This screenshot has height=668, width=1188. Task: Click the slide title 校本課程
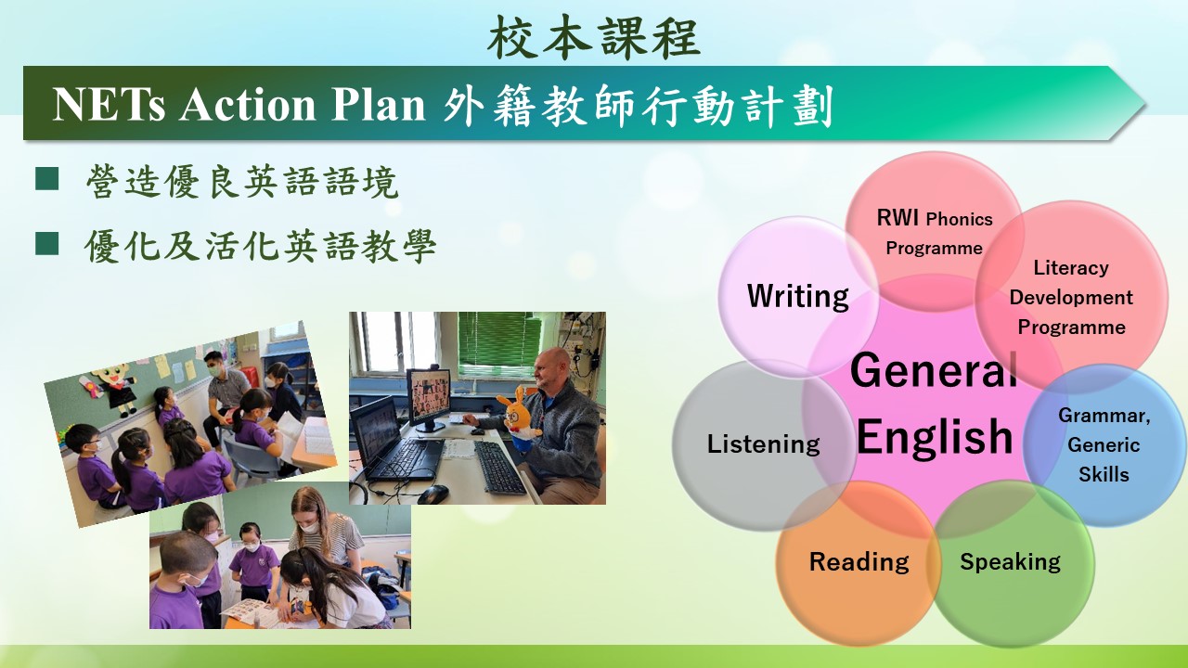pyautogui.click(x=594, y=37)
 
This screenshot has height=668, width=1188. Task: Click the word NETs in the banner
pyautogui.click(x=109, y=105)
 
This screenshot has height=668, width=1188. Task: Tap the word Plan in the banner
pyautogui.click(x=378, y=105)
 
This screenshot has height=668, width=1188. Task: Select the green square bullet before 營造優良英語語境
pyautogui.click(x=46, y=179)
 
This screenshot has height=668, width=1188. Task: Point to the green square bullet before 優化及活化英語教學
pyautogui.click(x=46, y=244)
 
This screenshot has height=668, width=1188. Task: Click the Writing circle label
pyautogui.click(x=797, y=296)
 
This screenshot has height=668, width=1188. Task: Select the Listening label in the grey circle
pyautogui.click(x=763, y=443)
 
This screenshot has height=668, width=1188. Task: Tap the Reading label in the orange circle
pyautogui.click(x=859, y=562)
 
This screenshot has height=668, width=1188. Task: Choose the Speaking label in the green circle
pyautogui.click(x=1010, y=562)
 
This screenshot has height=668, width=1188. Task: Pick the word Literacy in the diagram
pyautogui.click(x=1071, y=268)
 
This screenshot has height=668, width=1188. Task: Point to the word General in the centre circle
pyautogui.click(x=934, y=370)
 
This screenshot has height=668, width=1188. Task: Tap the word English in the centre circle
pyautogui.click(x=935, y=437)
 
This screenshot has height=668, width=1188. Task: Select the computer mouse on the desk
pyautogui.click(x=433, y=495)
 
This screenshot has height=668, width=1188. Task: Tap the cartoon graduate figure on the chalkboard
pyautogui.click(x=117, y=390)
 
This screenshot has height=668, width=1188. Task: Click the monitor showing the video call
pyautogui.click(x=429, y=396)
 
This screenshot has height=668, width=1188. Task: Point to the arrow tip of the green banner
pyautogui.click(x=1145, y=103)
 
